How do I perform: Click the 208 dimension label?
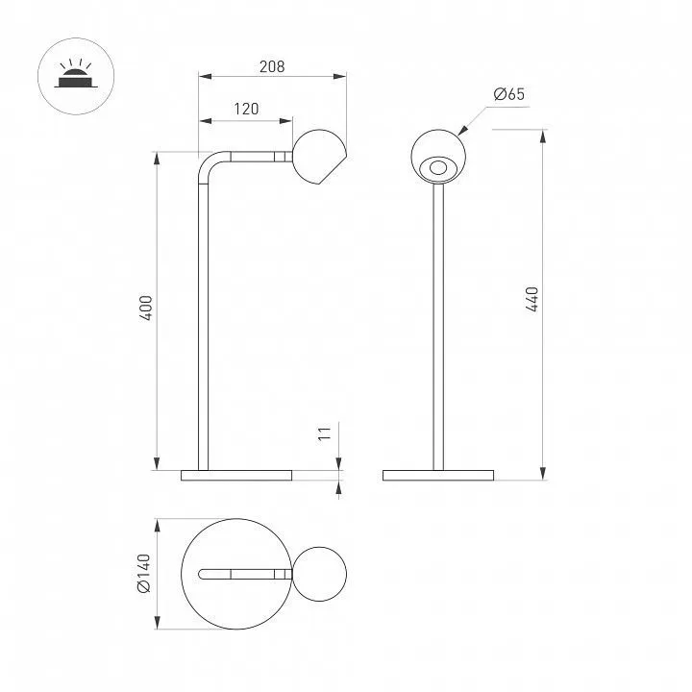272,66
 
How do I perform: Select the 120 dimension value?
246,109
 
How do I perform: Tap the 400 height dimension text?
146,308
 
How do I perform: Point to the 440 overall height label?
532,299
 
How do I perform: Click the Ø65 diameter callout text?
509,94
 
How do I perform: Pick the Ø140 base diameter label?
144,573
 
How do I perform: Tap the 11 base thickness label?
325,433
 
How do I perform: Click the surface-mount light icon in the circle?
76,77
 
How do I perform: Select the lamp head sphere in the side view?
319,157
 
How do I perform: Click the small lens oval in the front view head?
438,167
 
